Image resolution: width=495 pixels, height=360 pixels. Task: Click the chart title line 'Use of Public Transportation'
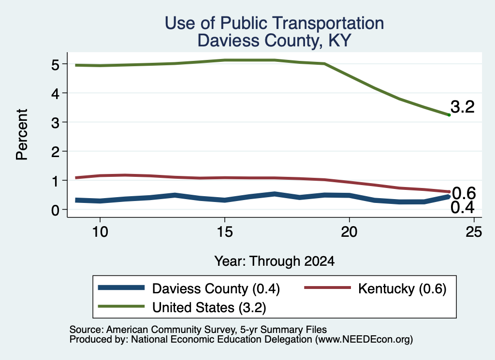(275, 23)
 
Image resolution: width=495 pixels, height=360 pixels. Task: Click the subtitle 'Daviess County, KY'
(275, 41)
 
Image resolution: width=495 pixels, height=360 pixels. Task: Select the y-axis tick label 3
(55, 122)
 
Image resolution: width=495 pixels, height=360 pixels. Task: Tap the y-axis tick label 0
(55, 210)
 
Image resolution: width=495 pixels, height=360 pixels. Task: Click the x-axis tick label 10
(100, 232)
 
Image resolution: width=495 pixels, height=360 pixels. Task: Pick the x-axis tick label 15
(225, 232)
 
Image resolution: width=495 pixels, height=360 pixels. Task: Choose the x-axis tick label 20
(349, 232)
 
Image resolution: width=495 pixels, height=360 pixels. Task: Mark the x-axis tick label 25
(474, 232)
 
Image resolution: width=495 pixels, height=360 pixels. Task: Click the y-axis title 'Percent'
(22, 134)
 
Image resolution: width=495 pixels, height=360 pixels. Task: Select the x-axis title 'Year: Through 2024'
(275, 261)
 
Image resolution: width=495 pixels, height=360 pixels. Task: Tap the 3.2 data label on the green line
(463, 107)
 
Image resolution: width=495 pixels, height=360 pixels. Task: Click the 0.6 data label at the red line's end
(464, 193)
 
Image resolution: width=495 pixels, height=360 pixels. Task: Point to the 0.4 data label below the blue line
(463, 207)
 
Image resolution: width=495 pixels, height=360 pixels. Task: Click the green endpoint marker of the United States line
(449, 115)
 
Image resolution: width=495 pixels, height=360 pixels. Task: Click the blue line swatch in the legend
(121, 288)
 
